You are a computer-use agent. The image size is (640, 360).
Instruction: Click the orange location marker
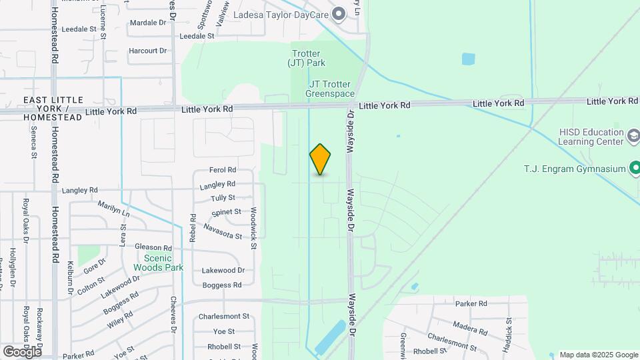coord(320,159)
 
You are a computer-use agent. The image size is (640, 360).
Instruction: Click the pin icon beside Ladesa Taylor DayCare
coord(339,13)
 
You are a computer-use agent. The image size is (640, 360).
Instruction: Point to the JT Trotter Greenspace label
coord(331,89)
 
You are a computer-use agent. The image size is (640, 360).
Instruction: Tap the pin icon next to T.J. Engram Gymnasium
coord(633,168)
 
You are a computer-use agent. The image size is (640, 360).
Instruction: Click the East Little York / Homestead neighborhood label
coord(53,109)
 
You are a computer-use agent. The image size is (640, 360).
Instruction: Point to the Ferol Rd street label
coord(223,170)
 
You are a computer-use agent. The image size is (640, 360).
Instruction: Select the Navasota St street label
coord(222,231)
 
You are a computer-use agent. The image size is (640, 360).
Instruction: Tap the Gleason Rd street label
coord(153,247)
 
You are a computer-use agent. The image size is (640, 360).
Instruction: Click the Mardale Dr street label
coord(148,22)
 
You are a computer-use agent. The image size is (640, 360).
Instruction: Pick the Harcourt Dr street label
coord(147,51)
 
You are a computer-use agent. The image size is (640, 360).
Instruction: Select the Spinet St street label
coord(226,212)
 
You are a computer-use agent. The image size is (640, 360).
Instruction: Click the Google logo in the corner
coord(22,351)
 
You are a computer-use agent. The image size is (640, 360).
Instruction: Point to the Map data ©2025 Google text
coord(598,355)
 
